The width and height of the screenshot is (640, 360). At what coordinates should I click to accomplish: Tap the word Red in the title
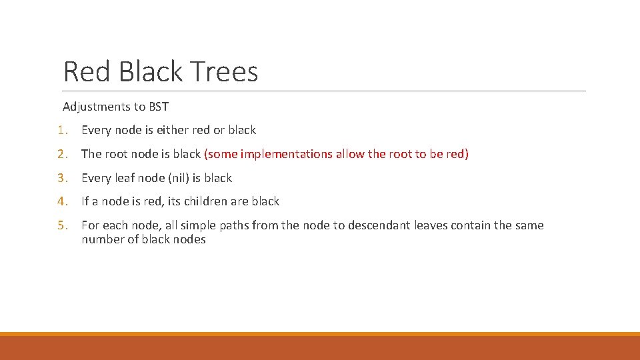(86, 72)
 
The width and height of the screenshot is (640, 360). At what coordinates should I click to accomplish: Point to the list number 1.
(62, 130)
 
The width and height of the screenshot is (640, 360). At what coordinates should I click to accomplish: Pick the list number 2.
(62, 154)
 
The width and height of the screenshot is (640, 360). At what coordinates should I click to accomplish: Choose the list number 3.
(62, 178)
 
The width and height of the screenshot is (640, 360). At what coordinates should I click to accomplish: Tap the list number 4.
(62, 201)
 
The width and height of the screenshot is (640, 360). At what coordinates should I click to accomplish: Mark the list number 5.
(62, 225)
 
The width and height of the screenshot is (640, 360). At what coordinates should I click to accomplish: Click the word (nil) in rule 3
(177, 178)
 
